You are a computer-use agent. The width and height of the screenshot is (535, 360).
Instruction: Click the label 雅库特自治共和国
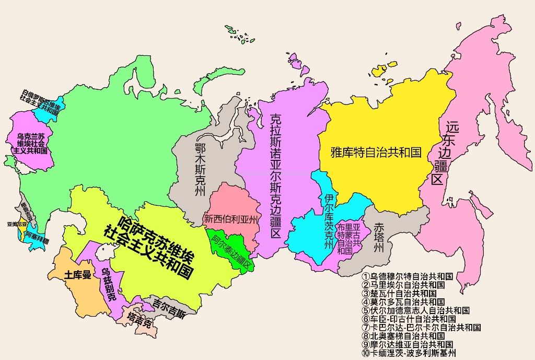click(x=376, y=153)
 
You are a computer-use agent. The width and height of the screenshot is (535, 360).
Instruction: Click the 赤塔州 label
click(x=379, y=238)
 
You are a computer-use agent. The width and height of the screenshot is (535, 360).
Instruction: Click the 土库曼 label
click(x=77, y=275)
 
